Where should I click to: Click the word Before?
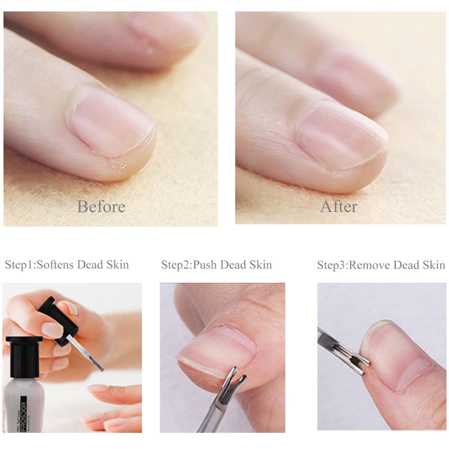coord(101,207)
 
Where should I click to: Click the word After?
coord(339,207)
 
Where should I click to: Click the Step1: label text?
coord(21,265)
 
